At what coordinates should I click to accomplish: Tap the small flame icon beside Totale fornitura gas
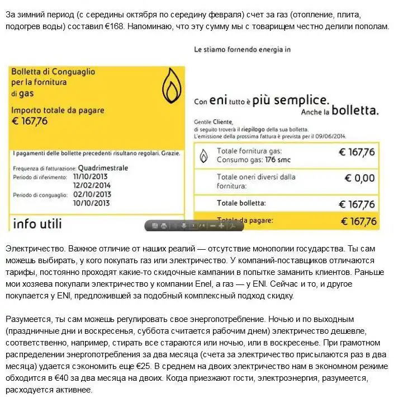(x=205, y=156)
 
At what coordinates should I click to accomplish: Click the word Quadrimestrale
(x=103, y=167)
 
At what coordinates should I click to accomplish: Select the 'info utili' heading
(x=37, y=223)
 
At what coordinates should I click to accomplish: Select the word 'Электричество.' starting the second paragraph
(x=33, y=246)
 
